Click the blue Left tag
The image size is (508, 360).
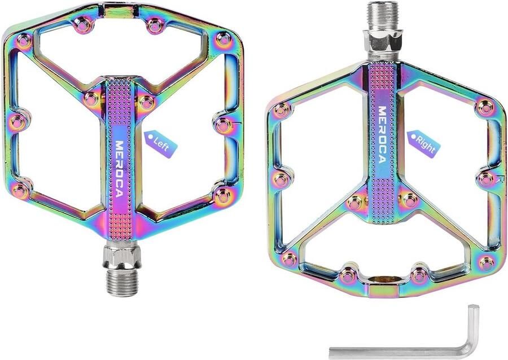161,143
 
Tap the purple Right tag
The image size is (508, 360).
423,143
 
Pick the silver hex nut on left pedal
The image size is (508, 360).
120,258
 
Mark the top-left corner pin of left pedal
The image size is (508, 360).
24,40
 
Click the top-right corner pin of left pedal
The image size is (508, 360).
224,40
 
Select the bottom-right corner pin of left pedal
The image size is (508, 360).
222,195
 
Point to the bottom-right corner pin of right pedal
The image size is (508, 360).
485,262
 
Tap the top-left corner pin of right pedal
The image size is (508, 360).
281,109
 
